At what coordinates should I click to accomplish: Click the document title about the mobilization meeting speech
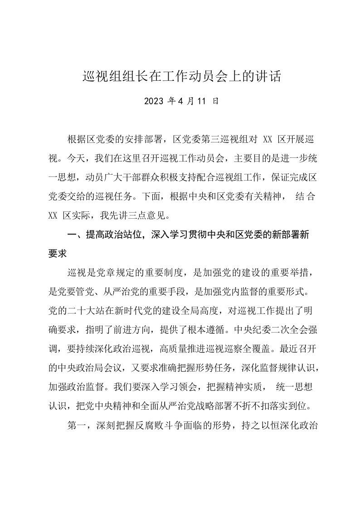click(182, 76)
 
